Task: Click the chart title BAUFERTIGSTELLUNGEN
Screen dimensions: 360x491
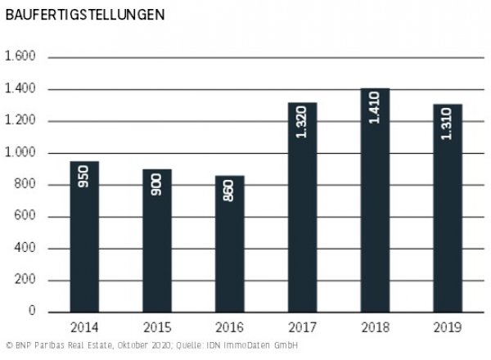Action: click(72, 15)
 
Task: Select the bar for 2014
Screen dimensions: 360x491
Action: click(84, 237)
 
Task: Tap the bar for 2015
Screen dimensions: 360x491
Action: click(156, 241)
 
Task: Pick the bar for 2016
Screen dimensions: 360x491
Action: click(229, 245)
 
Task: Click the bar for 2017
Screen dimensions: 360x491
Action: click(303, 208)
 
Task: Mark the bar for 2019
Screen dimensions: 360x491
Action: click(448, 209)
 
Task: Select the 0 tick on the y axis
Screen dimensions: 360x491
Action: click(34, 313)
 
